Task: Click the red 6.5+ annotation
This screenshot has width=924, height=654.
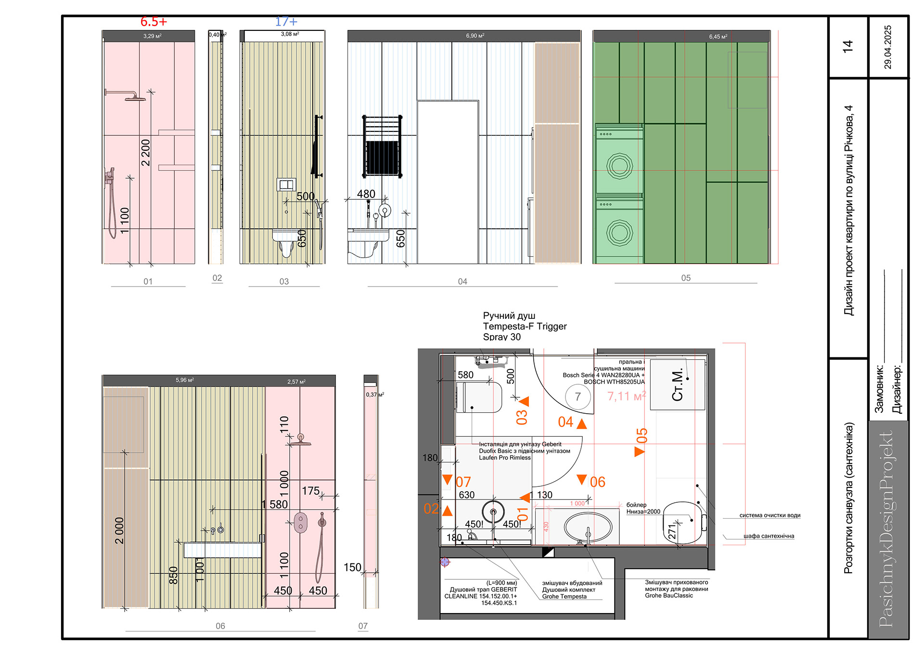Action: pyautogui.click(x=154, y=22)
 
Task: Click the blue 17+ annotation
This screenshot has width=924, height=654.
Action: pyautogui.click(x=286, y=22)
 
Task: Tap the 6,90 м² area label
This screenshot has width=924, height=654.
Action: pyautogui.click(x=475, y=36)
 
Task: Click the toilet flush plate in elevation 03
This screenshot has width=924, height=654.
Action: pyautogui.click(x=286, y=184)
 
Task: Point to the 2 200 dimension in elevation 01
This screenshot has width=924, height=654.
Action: pyautogui.click(x=146, y=152)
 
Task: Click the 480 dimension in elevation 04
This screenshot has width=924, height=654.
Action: pyautogui.click(x=366, y=194)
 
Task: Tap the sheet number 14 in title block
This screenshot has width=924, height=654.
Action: pyautogui.click(x=847, y=46)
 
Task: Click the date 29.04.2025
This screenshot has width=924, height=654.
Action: pyautogui.click(x=888, y=47)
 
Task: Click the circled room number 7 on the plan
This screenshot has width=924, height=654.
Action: pyautogui.click(x=577, y=397)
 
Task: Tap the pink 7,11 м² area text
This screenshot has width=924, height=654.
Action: pyautogui.click(x=626, y=396)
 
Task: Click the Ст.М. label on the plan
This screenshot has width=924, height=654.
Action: pyautogui.click(x=678, y=385)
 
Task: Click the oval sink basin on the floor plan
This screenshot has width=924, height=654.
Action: pyautogui.click(x=588, y=527)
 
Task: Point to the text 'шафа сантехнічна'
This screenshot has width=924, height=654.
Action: pyautogui.click(x=769, y=536)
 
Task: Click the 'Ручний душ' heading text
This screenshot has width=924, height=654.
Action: pyautogui.click(x=509, y=316)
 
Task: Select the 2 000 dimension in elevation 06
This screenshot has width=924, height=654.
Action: pyautogui.click(x=119, y=531)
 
